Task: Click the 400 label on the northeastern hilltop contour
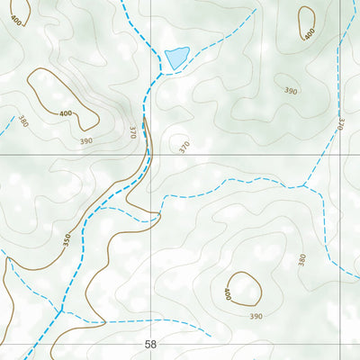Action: coord(309,34)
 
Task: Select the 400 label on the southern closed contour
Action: coord(226,292)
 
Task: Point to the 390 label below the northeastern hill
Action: coord(291,91)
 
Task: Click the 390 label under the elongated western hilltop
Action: coord(85,141)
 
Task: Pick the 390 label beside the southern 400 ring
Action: coord(256,316)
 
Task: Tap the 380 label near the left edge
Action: coord(22,122)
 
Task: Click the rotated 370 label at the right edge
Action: coord(342,126)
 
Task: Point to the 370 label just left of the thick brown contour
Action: coord(132,131)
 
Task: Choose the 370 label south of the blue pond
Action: coord(184,147)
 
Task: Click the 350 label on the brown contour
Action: coord(66,240)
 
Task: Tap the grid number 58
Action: coord(149,344)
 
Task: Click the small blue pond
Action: coord(176,58)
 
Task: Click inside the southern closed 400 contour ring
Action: coord(243,288)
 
